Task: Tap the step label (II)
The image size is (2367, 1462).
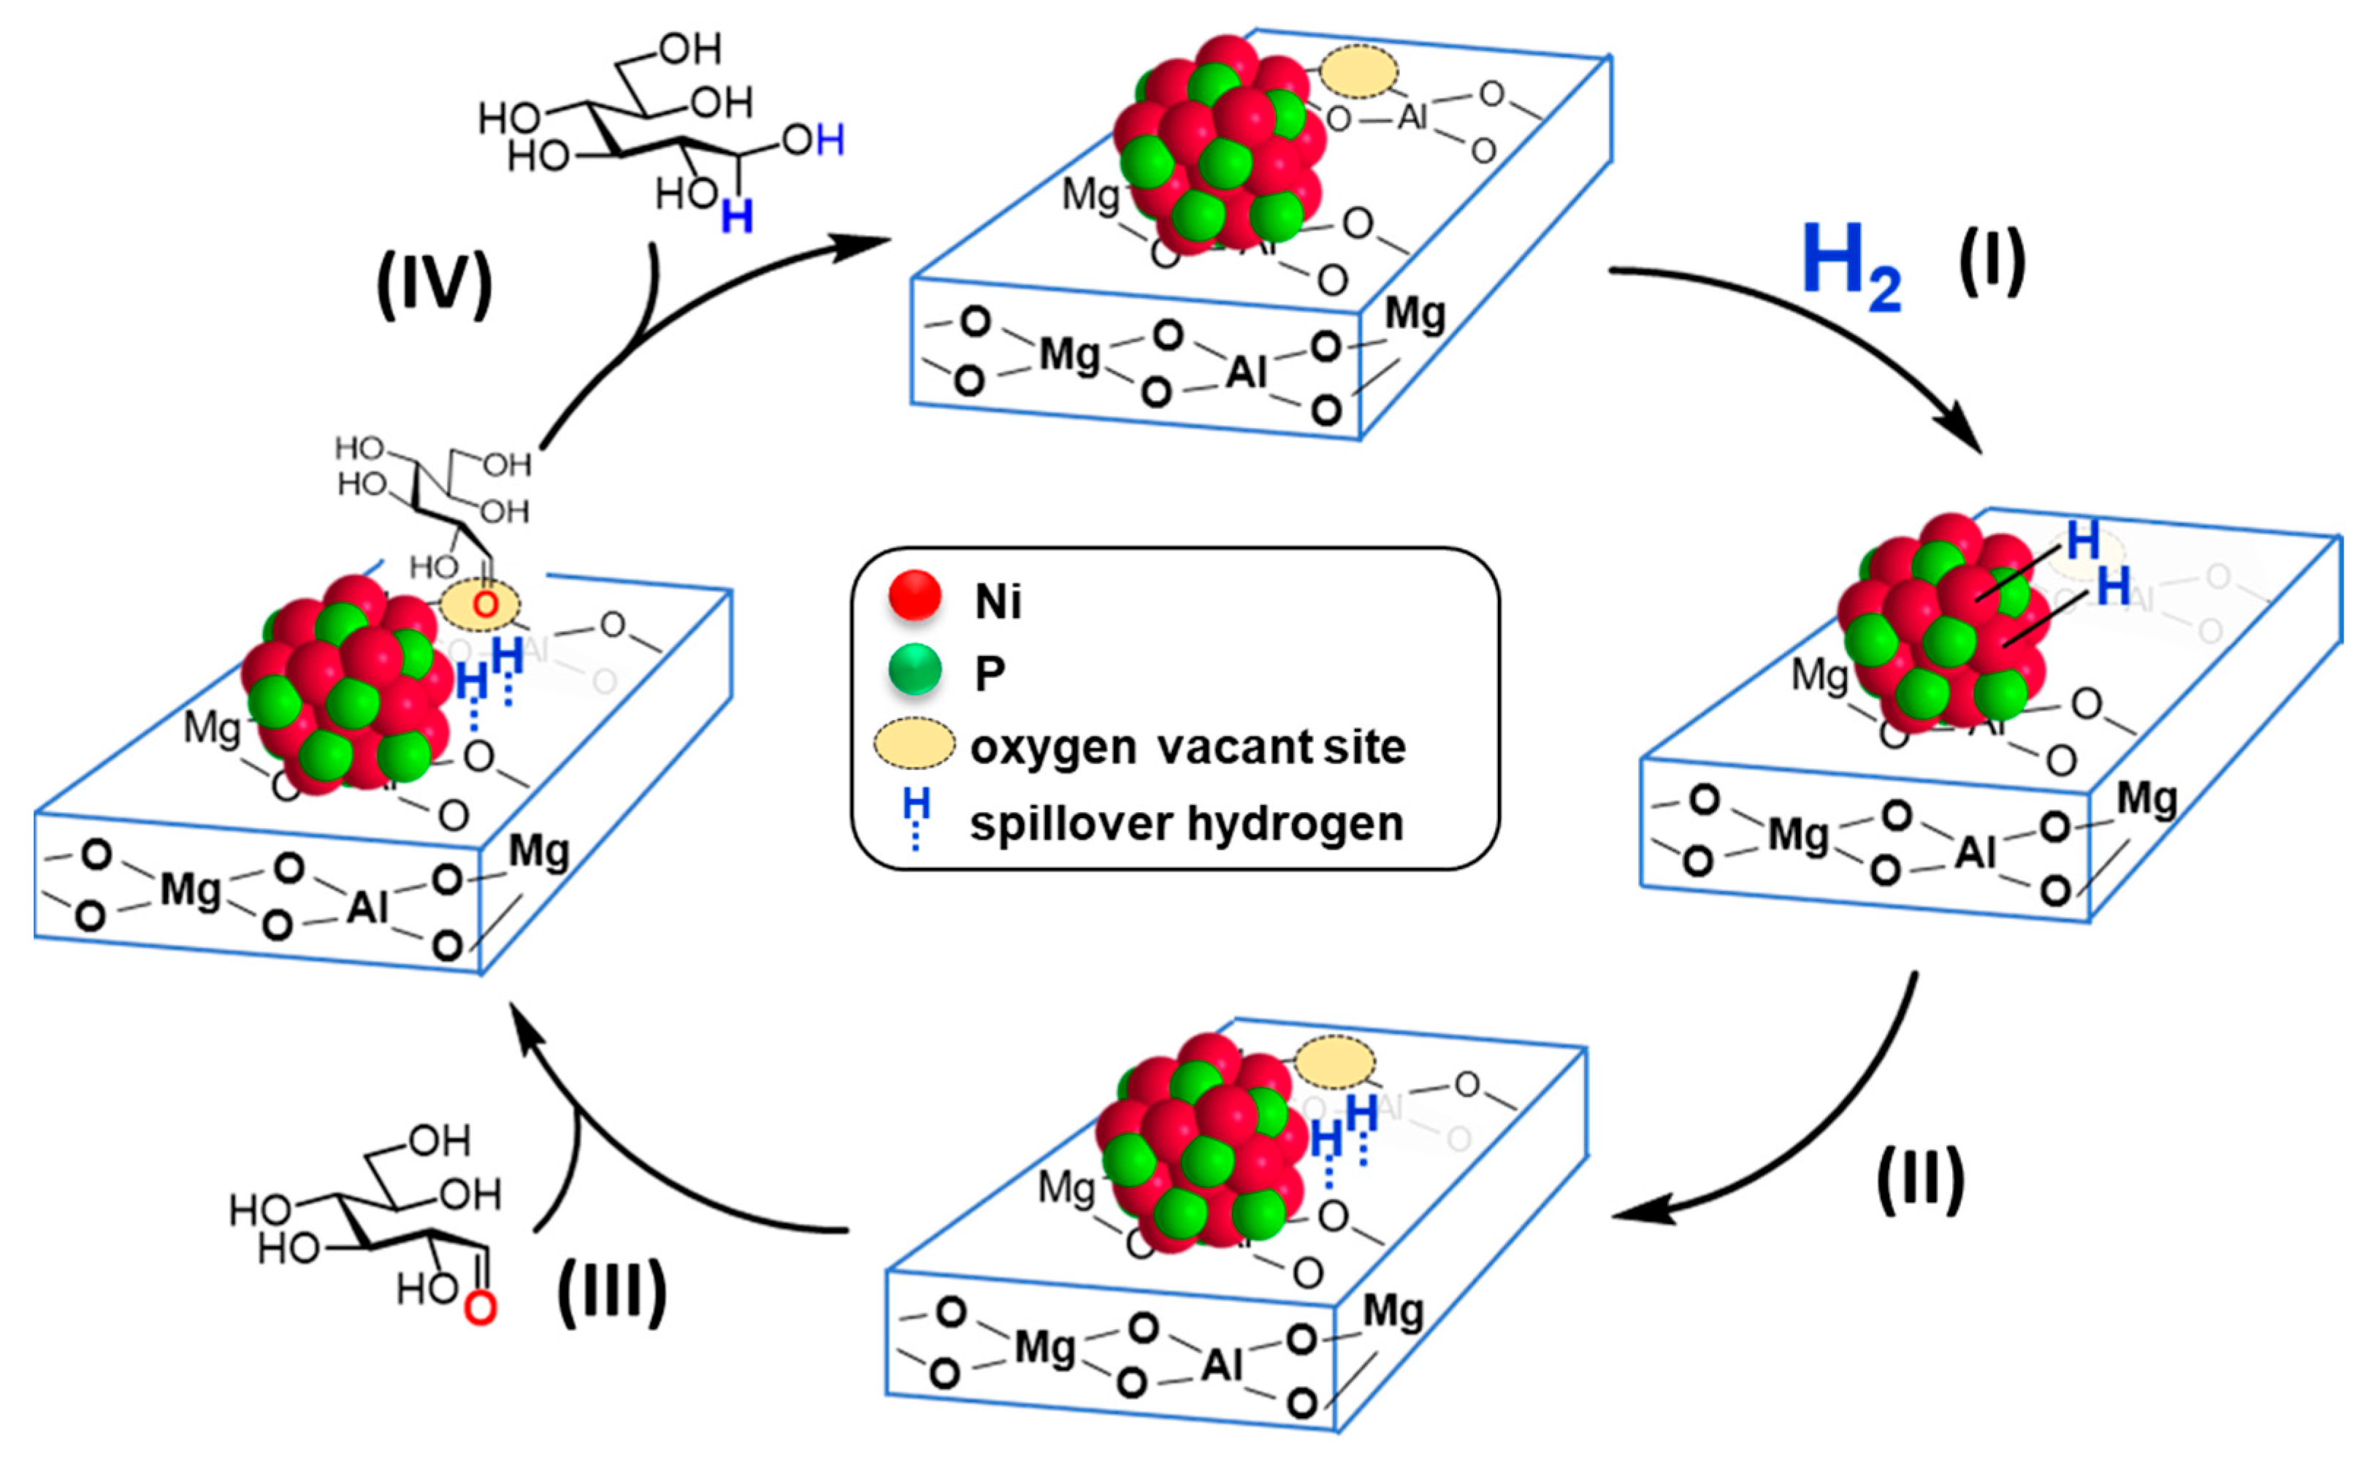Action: pyautogui.click(x=1920, y=1179)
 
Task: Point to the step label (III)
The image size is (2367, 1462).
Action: pyautogui.click(x=612, y=1292)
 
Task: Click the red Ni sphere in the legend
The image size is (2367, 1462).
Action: pyautogui.click(x=914, y=594)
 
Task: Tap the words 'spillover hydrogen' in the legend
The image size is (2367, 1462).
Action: pyautogui.click(x=1186, y=824)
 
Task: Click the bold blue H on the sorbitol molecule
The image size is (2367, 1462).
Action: pyautogui.click(x=737, y=217)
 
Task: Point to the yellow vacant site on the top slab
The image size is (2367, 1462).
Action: pyautogui.click(x=1358, y=72)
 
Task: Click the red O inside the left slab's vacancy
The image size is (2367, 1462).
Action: pyautogui.click(x=484, y=605)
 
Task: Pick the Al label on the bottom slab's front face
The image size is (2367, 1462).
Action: pyautogui.click(x=1221, y=1366)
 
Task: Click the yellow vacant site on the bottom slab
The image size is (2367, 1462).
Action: pyautogui.click(x=1334, y=1063)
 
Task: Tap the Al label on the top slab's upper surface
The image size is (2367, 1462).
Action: pyautogui.click(x=1412, y=117)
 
